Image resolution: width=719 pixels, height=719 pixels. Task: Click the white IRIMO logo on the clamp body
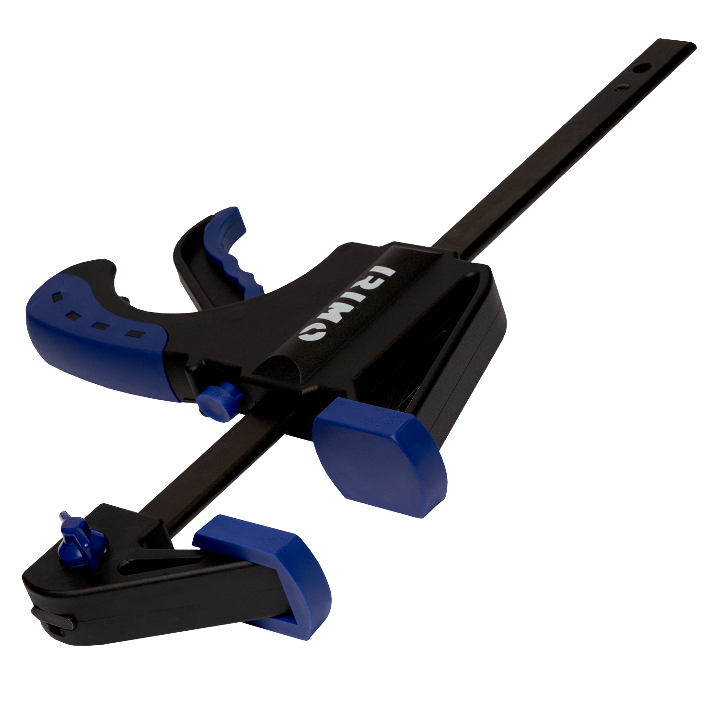[346, 303]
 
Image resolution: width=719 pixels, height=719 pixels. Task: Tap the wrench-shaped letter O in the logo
[312, 331]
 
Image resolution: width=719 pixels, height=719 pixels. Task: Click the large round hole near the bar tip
[640, 69]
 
